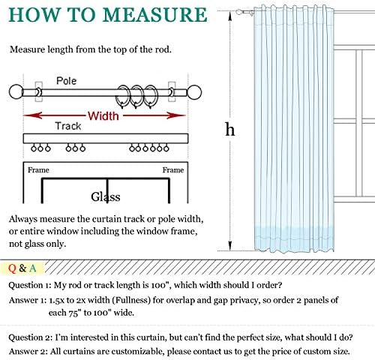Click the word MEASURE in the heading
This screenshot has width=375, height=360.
[154, 15]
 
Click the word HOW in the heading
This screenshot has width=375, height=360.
[34, 15]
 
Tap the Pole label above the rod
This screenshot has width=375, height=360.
[66, 81]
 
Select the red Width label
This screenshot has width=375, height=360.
[103, 116]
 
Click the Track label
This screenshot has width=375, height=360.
[68, 126]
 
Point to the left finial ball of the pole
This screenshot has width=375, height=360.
[16, 91]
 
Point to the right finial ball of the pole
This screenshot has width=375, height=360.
[194, 92]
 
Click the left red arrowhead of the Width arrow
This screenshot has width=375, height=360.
[32, 115]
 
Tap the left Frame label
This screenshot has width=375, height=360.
[38, 170]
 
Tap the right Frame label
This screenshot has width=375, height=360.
[173, 170]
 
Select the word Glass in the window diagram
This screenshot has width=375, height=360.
[106, 196]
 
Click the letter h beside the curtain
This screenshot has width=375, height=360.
[230, 129]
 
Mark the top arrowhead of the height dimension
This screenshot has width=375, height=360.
[230, 16]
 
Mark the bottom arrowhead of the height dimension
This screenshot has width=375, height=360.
[230, 245]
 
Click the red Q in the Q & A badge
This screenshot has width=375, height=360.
[12, 268]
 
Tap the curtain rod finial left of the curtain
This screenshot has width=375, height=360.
[239, 12]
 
